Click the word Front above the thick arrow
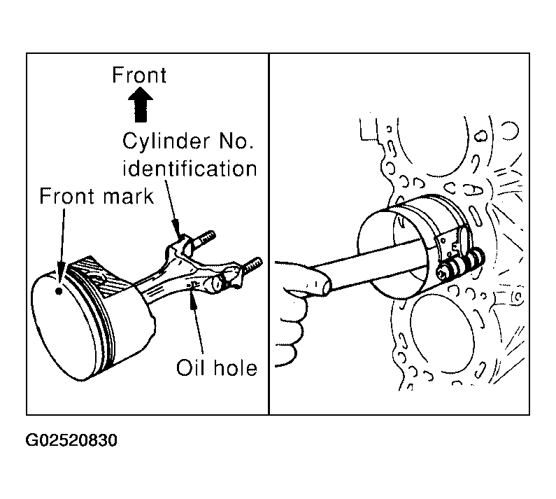pyautogui.click(x=139, y=75)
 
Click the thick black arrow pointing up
pyautogui.click(x=141, y=104)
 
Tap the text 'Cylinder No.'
pyautogui.click(x=188, y=141)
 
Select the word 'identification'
pyautogui.click(x=190, y=169)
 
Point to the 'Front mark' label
pyautogui.click(x=97, y=196)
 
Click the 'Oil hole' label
pyautogui.click(x=217, y=367)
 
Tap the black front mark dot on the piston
pyautogui.click(x=59, y=291)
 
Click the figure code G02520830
pyautogui.click(x=71, y=440)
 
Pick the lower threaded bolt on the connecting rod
pyautogui.click(x=251, y=265)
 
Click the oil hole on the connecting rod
pyautogui.click(x=193, y=284)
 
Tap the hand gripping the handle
pyautogui.click(x=294, y=312)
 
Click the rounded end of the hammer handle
pyautogui.click(x=325, y=286)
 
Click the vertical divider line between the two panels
pyautogui.click(x=269, y=234)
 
